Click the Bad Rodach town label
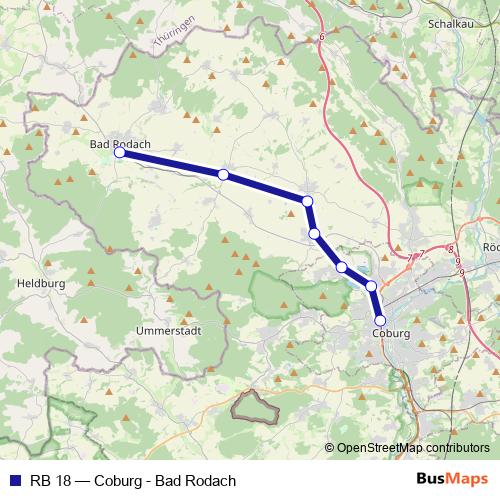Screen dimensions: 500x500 click(x=120, y=144)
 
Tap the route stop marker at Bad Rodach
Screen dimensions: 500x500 click(x=119, y=153)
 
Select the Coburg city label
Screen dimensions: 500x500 click(x=391, y=333)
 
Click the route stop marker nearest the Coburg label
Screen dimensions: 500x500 click(x=380, y=320)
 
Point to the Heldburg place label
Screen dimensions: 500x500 click(x=41, y=284)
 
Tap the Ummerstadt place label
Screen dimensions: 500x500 click(x=168, y=328)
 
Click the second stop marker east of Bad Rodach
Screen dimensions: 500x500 click(x=307, y=202)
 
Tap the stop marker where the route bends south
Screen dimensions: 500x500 click(x=307, y=202)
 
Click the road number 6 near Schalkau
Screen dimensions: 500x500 click(x=323, y=37)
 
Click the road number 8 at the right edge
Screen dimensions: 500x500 click(x=451, y=250)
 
